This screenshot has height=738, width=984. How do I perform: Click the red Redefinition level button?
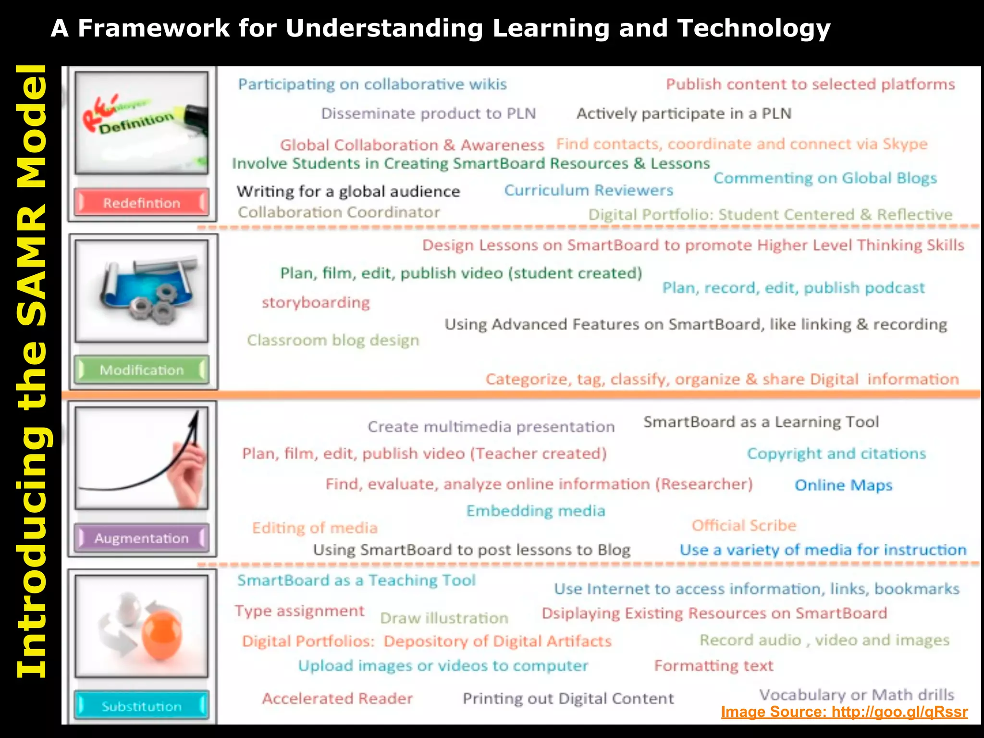point(142,202)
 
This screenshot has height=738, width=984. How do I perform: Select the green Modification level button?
point(142,369)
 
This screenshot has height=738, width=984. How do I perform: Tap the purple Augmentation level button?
point(142,538)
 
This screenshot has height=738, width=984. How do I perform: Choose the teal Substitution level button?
point(142,706)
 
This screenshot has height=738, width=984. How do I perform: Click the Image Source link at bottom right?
point(844,712)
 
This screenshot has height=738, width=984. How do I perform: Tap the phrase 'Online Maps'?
point(843,485)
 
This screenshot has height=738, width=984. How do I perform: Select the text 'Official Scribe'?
point(744,525)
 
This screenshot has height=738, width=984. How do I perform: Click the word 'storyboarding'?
point(316,303)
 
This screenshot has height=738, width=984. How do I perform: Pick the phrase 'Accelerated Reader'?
point(337,698)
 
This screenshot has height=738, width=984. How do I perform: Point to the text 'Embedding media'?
point(536,511)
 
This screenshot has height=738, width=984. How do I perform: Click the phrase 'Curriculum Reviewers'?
point(589,190)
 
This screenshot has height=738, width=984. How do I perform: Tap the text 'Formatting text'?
point(713,665)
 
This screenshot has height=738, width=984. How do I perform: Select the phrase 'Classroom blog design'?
point(333,340)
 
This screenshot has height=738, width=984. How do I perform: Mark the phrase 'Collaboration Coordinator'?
point(339,212)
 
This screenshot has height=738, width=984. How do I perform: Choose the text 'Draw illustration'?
point(444,618)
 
